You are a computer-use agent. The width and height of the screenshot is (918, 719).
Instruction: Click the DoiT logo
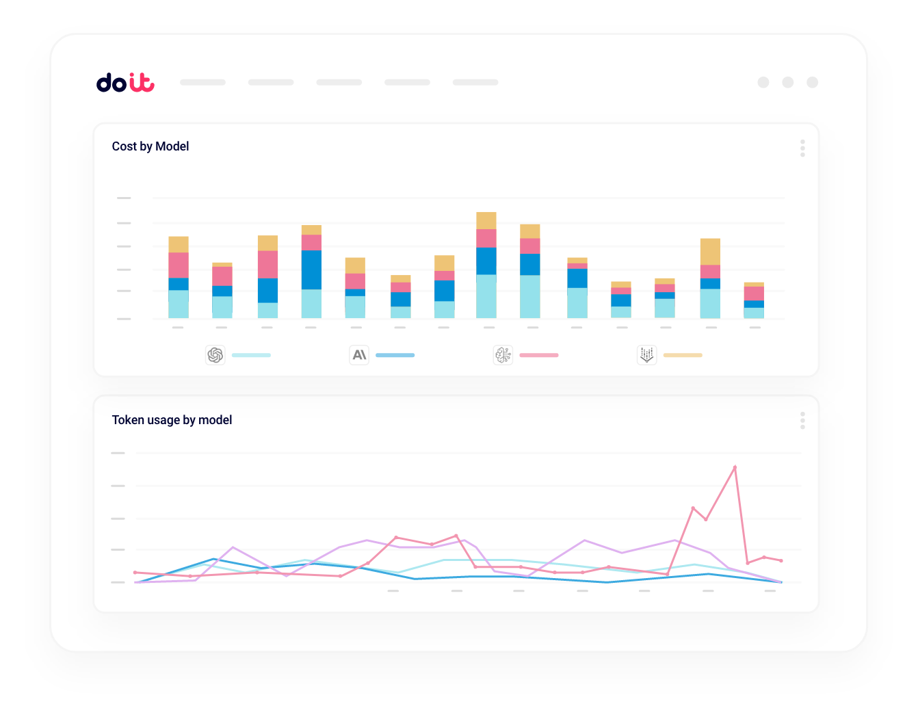click(x=125, y=82)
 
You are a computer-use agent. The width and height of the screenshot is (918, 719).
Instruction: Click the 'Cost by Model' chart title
click(x=150, y=146)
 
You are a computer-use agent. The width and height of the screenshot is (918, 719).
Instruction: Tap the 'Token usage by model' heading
click(x=172, y=420)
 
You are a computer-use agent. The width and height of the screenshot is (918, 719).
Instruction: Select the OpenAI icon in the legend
click(x=215, y=355)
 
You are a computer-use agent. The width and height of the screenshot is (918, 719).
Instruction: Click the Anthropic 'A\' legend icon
click(x=359, y=355)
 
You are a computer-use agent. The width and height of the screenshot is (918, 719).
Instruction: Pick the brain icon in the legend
click(x=503, y=355)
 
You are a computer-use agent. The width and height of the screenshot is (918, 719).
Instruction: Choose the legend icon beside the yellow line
click(x=646, y=355)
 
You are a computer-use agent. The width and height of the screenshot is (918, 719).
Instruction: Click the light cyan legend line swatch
click(x=251, y=355)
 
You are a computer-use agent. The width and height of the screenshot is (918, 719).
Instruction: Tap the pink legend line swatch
click(x=539, y=355)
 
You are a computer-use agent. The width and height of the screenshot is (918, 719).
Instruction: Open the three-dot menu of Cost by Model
click(x=802, y=148)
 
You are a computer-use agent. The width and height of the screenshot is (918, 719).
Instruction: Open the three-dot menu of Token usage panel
click(x=802, y=420)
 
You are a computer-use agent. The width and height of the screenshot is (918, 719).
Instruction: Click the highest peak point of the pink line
click(x=735, y=467)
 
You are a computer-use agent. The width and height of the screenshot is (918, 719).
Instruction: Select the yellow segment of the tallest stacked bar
click(x=486, y=220)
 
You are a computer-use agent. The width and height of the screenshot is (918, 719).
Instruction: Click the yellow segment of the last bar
click(x=754, y=285)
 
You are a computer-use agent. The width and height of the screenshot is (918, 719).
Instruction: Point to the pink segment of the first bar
click(x=179, y=265)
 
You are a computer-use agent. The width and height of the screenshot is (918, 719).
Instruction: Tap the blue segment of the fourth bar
click(x=311, y=270)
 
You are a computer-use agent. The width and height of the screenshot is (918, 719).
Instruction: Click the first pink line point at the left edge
click(x=135, y=572)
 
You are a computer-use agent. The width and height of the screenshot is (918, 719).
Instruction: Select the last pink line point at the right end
click(x=781, y=561)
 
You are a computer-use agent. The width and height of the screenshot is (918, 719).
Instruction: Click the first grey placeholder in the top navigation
click(x=202, y=82)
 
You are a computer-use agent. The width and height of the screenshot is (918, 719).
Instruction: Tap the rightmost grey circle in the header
click(x=813, y=82)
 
